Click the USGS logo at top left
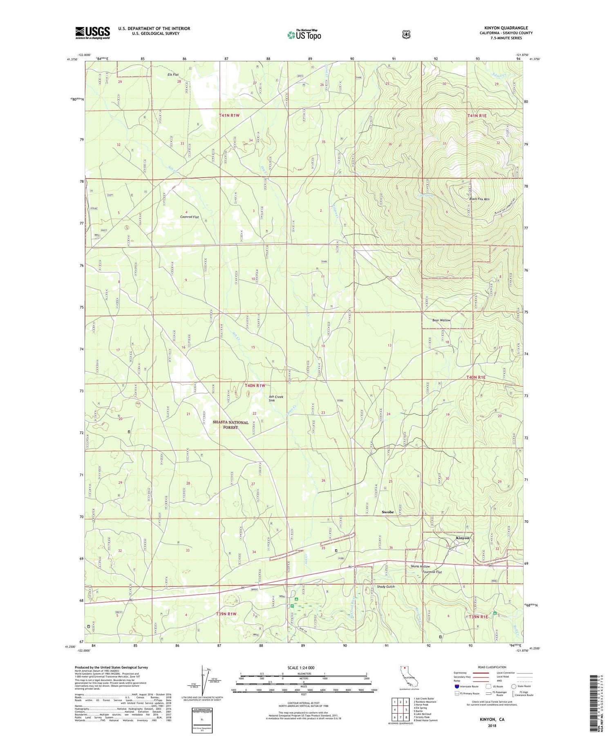pos(92,33)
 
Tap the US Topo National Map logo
pos(304,34)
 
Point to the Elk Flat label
pos(173,75)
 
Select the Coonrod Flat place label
pos(189,217)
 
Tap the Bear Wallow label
pos(441,320)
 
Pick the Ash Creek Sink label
pos(276,398)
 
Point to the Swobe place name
pos(387,512)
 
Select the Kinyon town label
pos(463,538)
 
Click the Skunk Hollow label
pos(420,566)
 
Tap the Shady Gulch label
pos(385,587)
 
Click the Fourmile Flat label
pos(432,572)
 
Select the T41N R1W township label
pos(229,116)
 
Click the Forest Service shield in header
pos(406,35)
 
